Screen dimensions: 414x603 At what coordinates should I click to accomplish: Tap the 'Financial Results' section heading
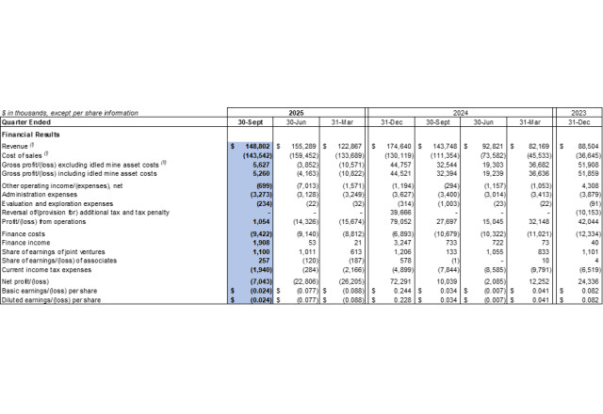(x=33, y=135)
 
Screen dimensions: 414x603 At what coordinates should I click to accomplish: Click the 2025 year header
(x=298, y=112)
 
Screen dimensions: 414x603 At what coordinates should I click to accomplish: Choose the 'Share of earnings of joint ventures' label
(x=57, y=250)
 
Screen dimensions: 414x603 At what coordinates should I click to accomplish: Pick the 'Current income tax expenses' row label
(x=49, y=267)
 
